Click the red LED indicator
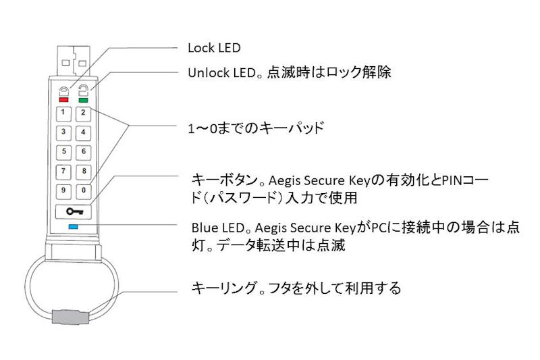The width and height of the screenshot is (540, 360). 63,100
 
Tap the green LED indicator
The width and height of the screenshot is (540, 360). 83,100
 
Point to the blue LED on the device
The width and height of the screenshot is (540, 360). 74,227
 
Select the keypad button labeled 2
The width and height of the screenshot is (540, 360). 83,113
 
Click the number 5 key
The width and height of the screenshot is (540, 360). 63,153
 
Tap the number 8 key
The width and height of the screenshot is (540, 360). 83,172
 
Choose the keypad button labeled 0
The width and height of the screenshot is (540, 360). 83,192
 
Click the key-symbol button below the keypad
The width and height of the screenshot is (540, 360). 74,211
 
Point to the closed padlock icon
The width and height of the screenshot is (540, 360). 63,91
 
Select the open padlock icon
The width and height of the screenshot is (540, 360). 83,91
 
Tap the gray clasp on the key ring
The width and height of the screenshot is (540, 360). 71,316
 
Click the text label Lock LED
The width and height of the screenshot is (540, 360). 214,48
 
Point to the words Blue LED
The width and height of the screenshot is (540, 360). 217,228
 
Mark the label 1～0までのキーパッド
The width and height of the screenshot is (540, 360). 256,128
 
